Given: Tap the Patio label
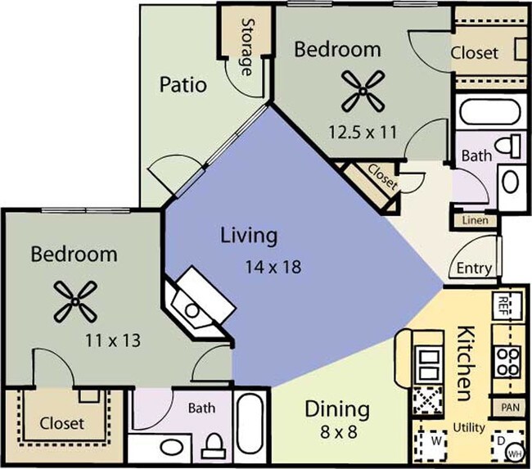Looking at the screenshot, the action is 183,84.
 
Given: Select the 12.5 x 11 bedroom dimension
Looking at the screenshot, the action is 363,132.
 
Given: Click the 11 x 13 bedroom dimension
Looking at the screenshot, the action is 113,340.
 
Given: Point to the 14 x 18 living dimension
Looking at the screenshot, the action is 273,267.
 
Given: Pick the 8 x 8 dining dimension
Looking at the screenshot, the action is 339,432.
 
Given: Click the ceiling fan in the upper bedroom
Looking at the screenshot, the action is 363,91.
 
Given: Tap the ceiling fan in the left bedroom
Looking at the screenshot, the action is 75,302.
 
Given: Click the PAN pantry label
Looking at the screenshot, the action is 510,407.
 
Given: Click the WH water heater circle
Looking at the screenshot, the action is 515,453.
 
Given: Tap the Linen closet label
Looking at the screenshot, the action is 476,221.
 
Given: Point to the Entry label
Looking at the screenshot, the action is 474,268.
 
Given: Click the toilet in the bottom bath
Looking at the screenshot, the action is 214,445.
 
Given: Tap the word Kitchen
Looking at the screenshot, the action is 464,363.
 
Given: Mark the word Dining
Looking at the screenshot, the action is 337,409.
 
